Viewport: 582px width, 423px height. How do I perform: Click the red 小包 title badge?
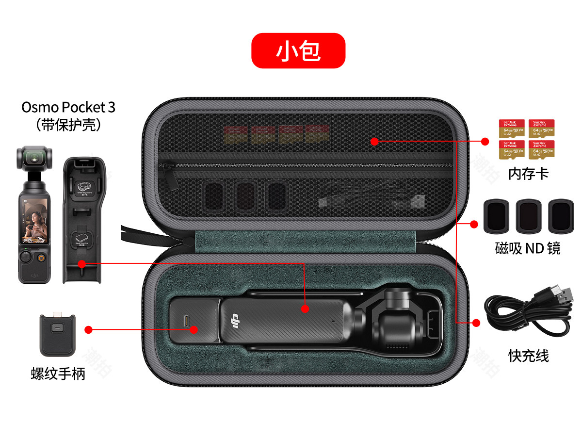point(298,50)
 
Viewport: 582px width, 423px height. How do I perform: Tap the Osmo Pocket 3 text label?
point(68,107)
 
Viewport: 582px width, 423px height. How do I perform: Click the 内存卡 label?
point(528,174)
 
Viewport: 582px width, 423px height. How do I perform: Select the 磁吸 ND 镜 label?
point(528,248)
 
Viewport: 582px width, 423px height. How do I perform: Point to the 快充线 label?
point(528,356)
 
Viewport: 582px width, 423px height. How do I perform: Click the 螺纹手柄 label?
point(58,374)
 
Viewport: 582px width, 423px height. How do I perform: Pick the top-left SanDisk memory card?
point(512,129)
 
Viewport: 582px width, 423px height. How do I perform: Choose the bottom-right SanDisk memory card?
point(541,150)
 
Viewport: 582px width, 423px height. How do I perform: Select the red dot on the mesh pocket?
point(374,141)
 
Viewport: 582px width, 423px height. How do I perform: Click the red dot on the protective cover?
point(81,264)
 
